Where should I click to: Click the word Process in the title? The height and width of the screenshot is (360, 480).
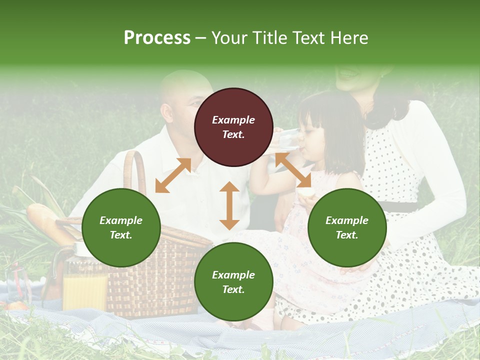[x=157, y=38]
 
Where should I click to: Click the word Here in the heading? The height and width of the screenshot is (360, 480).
[x=349, y=38]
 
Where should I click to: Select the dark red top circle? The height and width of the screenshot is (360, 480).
[x=233, y=127]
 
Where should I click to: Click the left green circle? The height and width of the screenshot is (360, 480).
[x=121, y=227]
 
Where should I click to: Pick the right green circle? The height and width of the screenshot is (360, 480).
[x=347, y=227]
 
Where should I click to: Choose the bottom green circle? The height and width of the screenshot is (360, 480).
[x=233, y=282]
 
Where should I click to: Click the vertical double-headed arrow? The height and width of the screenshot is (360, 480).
[x=229, y=205]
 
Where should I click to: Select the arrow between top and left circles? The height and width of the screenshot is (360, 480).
[x=173, y=175]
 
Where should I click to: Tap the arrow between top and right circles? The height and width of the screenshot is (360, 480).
[x=293, y=170]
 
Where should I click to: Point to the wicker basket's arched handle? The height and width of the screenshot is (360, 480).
[x=133, y=170]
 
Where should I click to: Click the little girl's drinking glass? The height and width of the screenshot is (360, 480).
[x=287, y=139]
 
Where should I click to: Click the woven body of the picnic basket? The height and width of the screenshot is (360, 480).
[x=155, y=280]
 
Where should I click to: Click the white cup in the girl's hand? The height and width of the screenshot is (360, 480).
[x=305, y=192]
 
